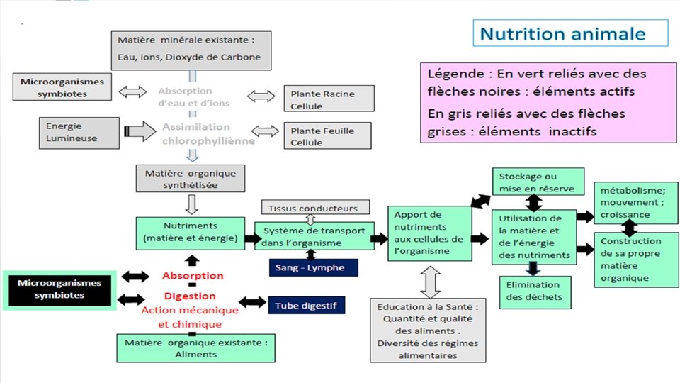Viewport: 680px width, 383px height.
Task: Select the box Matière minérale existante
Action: click(x=191, y=50)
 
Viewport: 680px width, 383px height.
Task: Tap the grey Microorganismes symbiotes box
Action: click(x=62, y=87)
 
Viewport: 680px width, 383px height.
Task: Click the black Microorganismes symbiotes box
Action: click(x=59, y=289)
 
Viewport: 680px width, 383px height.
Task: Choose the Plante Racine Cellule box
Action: click(x=329, y=99)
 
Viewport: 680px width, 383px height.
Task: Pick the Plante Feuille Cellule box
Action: click(x=329, y=136)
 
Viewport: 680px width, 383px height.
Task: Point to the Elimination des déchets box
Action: click(x=534, y=291)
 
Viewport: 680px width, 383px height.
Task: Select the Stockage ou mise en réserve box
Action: click(x=538, y=182)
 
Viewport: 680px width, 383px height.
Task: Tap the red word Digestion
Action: click(x=190, y=296)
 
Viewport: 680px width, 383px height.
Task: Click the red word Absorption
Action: click(x=192, y=275)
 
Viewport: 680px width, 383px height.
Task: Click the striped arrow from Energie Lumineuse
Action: click(x=140, y=131)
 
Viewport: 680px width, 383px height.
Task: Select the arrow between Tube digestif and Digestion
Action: click(x=252, y=302)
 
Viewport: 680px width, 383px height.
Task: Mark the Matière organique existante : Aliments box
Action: click(x=195, y=348)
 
